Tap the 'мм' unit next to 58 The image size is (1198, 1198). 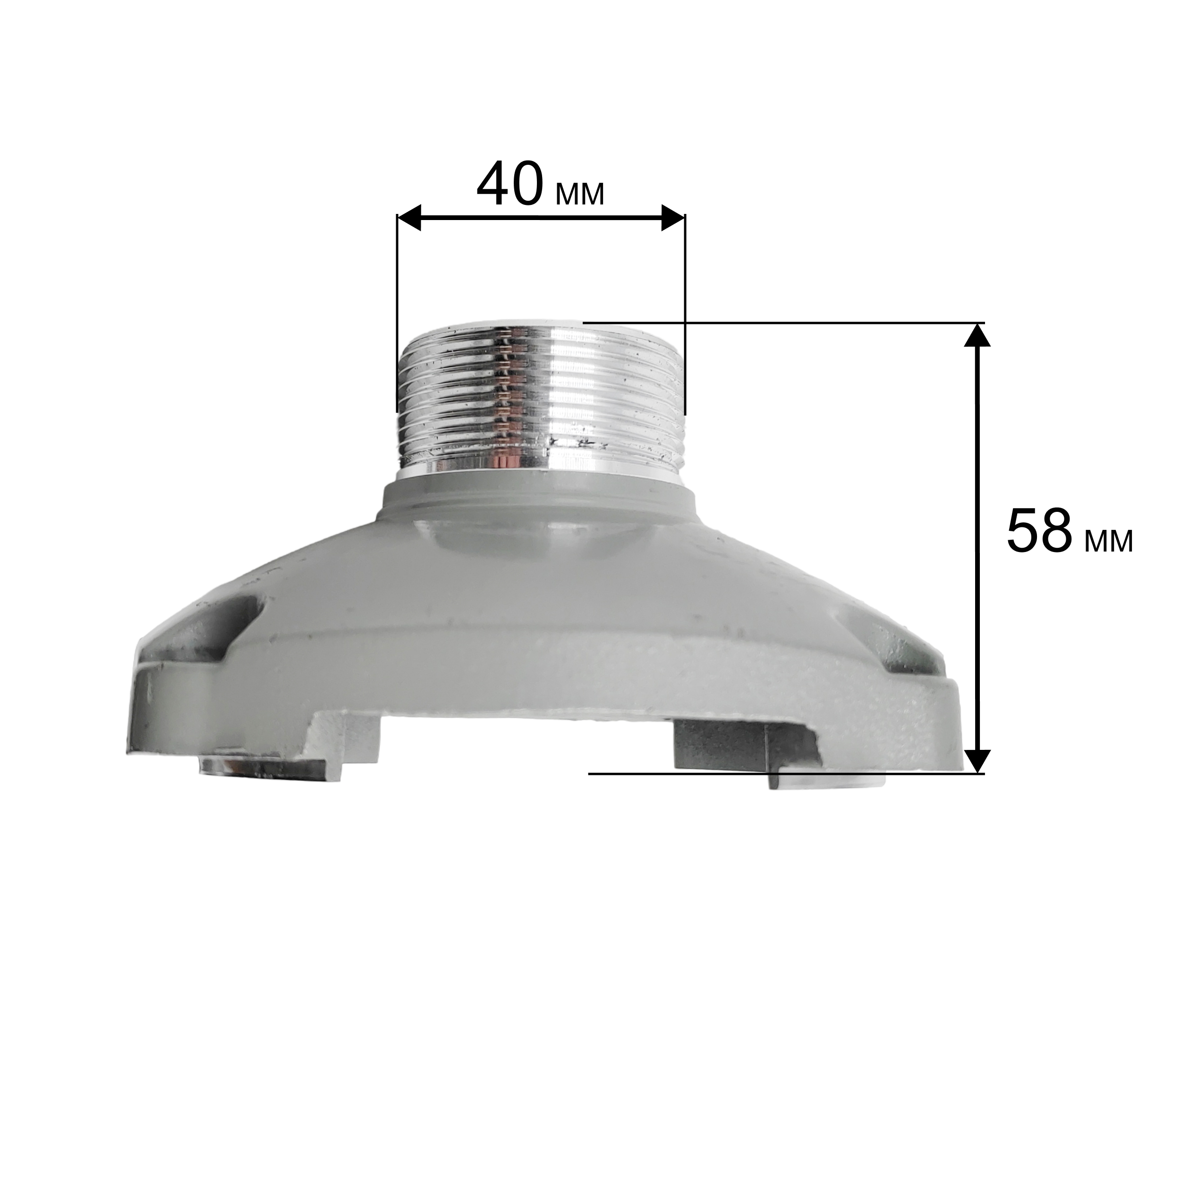[x=1109, y=541]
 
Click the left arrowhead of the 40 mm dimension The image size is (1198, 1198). [x=409, y=218]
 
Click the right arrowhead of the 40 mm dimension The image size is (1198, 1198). [x=673, y=218]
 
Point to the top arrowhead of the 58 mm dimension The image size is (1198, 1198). [x=978, y=335]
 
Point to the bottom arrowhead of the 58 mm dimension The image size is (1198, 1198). [x=978, y=761]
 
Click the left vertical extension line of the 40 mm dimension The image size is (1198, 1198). [x=397, y=313]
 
